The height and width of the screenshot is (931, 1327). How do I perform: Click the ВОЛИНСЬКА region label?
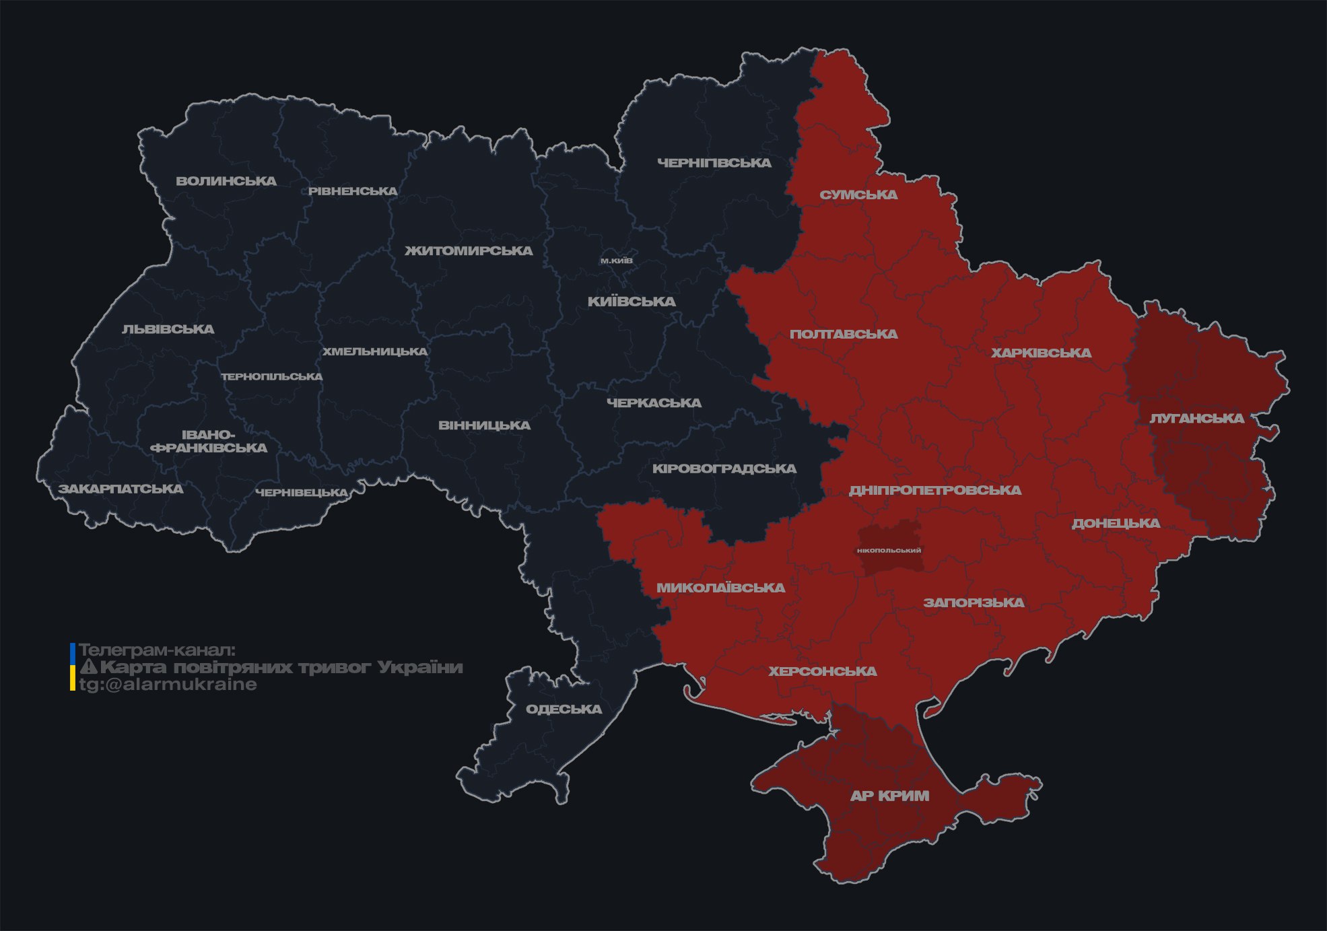(226, 181)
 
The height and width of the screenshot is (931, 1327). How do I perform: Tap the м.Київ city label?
(616, 261)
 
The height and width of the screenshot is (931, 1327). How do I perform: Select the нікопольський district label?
(889, 551)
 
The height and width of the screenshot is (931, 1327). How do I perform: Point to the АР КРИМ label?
(889, 796)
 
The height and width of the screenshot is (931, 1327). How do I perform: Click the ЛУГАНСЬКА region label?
(1196, 419)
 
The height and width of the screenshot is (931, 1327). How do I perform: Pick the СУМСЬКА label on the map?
(858, 195)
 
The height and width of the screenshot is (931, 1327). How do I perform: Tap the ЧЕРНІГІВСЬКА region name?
(714, 163)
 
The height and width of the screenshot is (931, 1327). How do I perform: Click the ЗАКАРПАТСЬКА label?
(121, 489)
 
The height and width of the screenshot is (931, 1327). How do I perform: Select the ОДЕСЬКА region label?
(564, 710)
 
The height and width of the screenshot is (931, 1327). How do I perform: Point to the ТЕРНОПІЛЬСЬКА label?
(272, 377)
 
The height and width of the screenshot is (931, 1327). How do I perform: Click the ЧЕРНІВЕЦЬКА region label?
(302, 493)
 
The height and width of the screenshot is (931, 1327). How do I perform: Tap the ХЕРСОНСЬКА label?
(822, 672)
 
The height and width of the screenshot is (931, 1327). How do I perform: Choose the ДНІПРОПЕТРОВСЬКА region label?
(934, 490)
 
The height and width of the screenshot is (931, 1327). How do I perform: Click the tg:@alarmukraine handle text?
(168, 685)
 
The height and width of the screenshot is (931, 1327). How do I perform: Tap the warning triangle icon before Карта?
(89, 667)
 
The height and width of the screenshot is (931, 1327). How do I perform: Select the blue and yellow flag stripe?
(73, 666)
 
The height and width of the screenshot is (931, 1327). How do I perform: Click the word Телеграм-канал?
(157, 650)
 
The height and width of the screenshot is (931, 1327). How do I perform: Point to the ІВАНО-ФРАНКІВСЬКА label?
(209, 442)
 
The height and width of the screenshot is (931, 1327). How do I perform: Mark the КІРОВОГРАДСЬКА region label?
(724, 469)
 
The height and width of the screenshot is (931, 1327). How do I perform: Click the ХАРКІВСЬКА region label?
(1041, 353)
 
